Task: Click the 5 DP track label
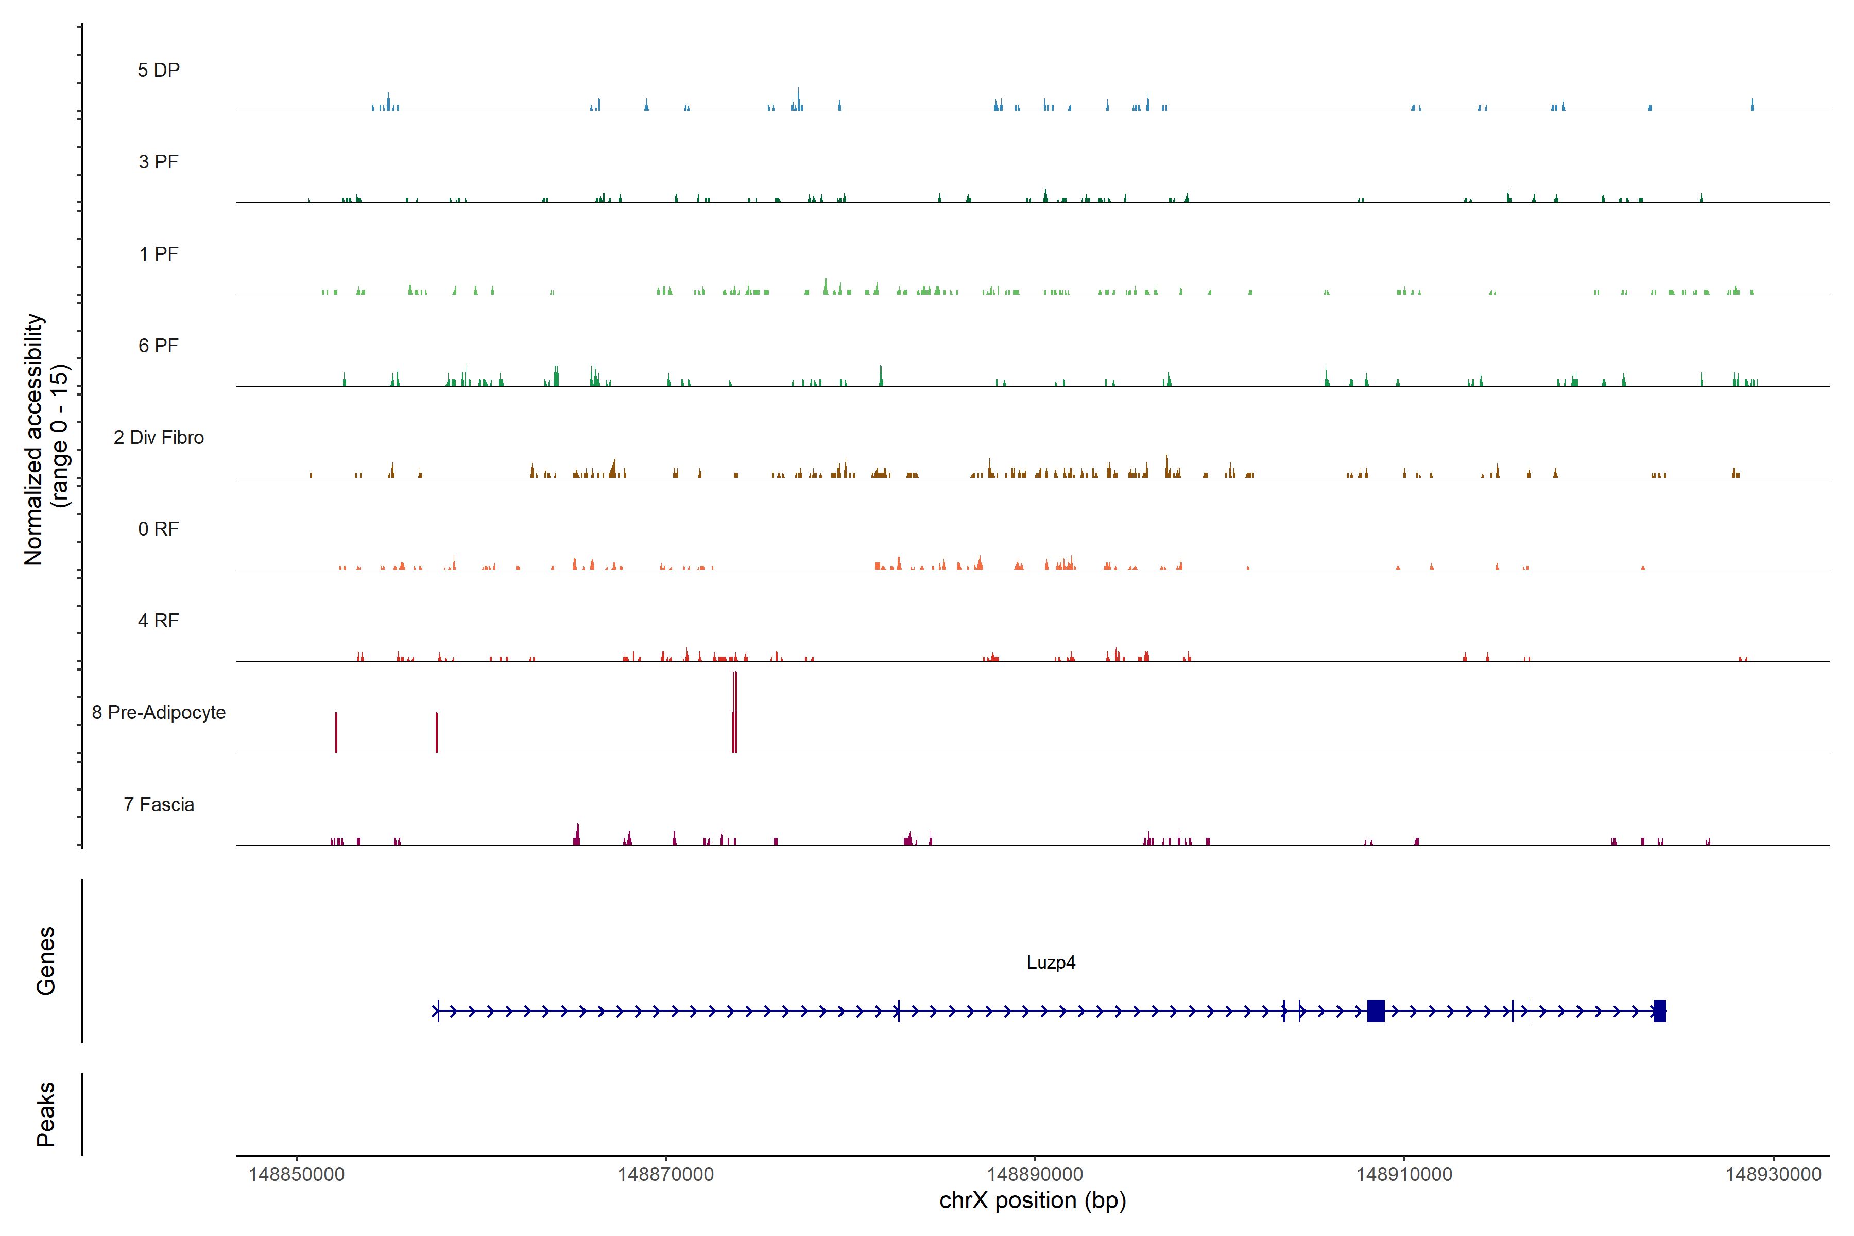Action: pos(159,70)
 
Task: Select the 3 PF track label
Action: pos(159,162)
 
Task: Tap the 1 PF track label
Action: pos(159,254)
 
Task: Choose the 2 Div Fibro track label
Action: pos(159,437)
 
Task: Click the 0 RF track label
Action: pos(159,529)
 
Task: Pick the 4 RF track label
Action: pos(159,621)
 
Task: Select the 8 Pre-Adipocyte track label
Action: pos(159,713)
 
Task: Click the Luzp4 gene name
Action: pos(1051,963)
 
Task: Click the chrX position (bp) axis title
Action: pos(1033,1200)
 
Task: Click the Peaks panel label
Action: pos(46,1114)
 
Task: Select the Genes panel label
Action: pos(46,961)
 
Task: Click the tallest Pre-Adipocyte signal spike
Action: pos(735,710)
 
